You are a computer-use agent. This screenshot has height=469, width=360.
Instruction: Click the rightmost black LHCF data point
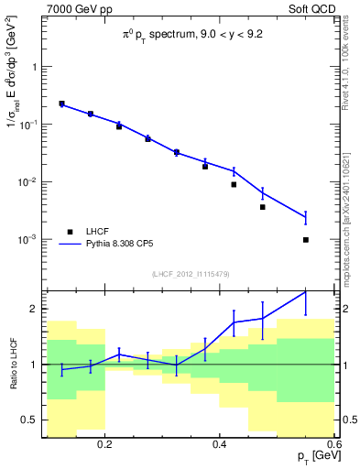pyautogui.click(x=305, y=240)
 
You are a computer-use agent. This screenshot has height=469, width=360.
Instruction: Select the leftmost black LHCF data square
pyautogui.click(x=61, y=104)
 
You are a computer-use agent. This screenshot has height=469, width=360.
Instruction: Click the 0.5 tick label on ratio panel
pyautogui.click(x=29, y=420)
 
